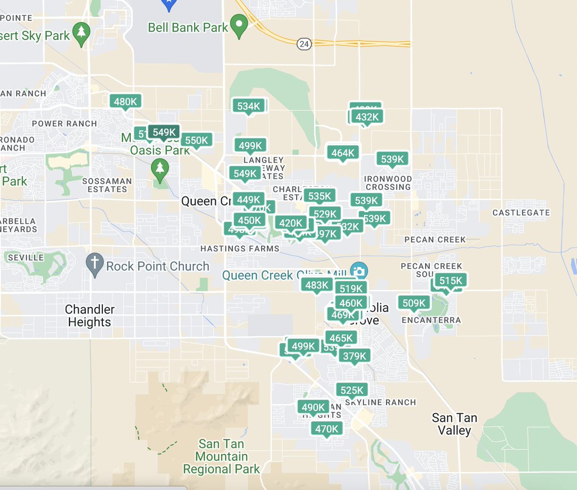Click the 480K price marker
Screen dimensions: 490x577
125,101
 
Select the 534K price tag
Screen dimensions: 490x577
249,106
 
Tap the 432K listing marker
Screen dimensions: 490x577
367,117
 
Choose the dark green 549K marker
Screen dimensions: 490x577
164,132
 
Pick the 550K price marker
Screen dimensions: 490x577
197,140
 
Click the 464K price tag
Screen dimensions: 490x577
343,153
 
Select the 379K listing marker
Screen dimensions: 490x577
354,356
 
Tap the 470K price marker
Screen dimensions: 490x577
327,429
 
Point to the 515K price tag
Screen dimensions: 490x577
451,281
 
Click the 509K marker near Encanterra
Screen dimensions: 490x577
414,303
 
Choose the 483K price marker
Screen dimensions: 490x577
317,285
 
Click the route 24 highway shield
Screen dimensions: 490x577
304,44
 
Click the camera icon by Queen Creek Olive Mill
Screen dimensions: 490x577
359,271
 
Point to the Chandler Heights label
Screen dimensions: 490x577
90,315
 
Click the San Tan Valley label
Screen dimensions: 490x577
454,424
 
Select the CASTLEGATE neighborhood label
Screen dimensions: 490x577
521,213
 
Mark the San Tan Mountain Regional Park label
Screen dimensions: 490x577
222,456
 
